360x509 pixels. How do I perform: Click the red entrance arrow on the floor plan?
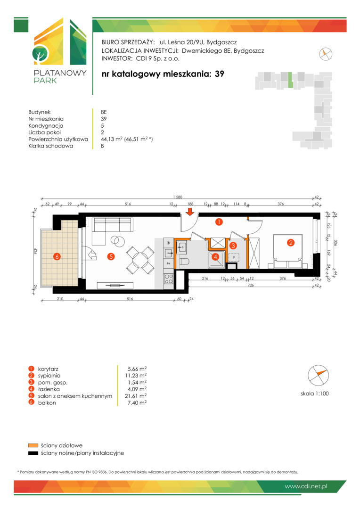[x=190, y=212]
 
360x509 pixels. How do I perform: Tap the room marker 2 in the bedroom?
[x=291, y=243]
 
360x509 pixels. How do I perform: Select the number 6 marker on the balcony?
[x=57, y=257]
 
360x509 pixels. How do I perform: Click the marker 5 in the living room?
[x=111, y=257]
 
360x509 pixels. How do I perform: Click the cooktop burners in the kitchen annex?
[x=169, y=279]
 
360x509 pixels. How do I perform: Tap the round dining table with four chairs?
[x=140, y=260]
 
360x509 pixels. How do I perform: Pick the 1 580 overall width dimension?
[x=178, y=197]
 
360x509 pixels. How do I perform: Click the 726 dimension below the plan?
[x=251, y=285]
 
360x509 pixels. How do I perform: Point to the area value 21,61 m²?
[x=137, y=396]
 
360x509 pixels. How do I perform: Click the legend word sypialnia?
[x=49, y=376]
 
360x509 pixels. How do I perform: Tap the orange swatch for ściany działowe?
[x=33, y=445]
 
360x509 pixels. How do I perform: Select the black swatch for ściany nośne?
[x=33, y=453]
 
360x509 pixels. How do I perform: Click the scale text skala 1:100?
[x=315, y=394]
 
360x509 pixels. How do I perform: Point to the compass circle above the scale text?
[x=318, y=375]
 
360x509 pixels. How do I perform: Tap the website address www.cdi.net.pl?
[x=306, y=486]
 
